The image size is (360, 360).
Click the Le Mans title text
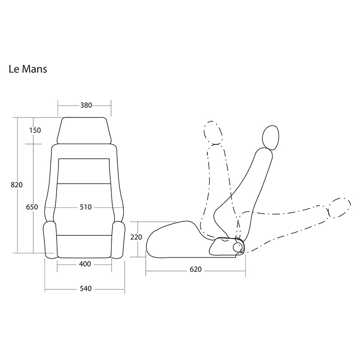click(28, 69)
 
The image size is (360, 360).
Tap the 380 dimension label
click(86, 105)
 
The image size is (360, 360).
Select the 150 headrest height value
click(35, 130)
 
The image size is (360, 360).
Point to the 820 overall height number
click(17, 185)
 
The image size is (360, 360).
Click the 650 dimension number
click(32, 207)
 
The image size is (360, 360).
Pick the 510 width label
click(85, 207)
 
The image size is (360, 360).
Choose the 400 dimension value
click(85, 264)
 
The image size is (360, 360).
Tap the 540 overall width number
click(85, 288)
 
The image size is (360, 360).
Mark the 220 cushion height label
click(136, 237)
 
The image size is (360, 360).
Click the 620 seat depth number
click(196, 269)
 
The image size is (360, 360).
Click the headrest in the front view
click(84, 130)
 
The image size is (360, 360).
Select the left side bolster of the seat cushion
click(50, 240)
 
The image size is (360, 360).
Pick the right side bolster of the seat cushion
click(119, 240)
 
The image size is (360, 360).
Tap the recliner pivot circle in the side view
click(238, 247)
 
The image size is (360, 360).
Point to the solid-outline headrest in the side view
click(270, 138)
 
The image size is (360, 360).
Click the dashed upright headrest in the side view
click(213, 133)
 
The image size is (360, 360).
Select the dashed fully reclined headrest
click(339, 208)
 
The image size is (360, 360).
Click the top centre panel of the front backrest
click(84, 171)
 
